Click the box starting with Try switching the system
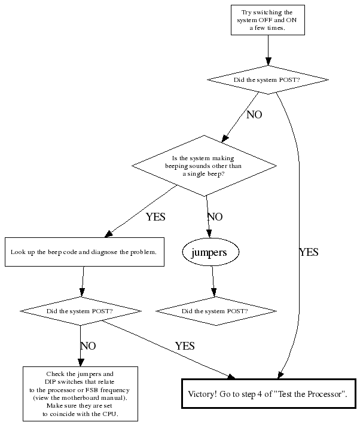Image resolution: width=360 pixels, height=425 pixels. (x=267, y=20)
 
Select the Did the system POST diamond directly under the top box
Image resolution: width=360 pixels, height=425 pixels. (x=267, y=80)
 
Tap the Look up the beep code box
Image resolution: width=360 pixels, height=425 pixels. (x=84, y=252)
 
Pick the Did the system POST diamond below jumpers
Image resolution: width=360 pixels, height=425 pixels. (x=215, y=311)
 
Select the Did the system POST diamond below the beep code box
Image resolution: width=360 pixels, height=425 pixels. (x=80, y=311)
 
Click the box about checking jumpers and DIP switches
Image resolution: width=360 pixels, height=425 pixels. (x=80, y=393)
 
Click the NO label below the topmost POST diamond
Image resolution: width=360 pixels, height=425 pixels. (x=254, y=115)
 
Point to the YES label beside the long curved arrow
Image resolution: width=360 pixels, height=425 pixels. (x=308, y=253)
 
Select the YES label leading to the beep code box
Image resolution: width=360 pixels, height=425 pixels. (x=155, y=217)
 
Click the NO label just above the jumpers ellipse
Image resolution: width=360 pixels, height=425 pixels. (x=215, y=217)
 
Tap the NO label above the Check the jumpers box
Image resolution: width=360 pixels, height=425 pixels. (x=88, y=346)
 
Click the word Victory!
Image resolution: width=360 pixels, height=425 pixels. (x=204, y=394)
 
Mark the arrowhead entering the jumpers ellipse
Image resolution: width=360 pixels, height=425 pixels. (x=209, y=236)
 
